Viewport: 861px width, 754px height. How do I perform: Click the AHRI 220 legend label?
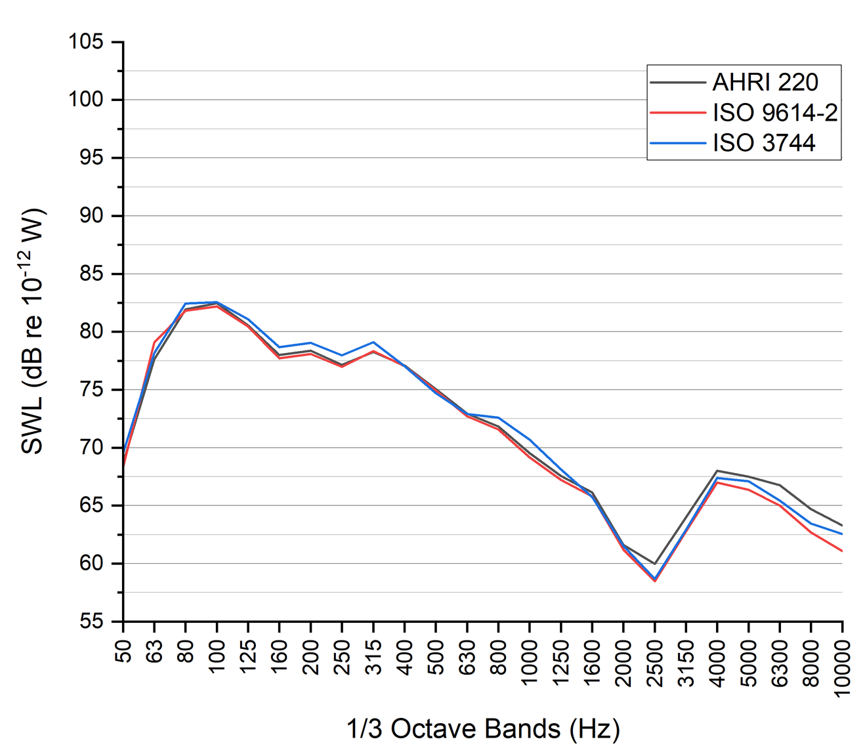click(765, 82)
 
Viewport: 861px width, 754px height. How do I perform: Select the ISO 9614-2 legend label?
click(775, 113)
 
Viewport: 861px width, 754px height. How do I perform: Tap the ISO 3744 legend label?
click(764, 142)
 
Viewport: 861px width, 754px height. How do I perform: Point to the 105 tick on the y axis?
click(86, 42)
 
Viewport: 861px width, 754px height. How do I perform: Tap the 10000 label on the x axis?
click(843, 666)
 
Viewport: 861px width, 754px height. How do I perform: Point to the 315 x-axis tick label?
click(373, 656)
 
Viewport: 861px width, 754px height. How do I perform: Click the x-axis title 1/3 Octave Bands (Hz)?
click(483, 728)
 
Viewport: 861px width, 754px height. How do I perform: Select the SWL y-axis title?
click(33, 331)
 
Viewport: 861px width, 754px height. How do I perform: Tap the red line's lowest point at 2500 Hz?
click(654, 581)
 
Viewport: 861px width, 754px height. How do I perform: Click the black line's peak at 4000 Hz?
click(717, 471)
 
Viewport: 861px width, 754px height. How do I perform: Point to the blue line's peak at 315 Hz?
click(373, 342)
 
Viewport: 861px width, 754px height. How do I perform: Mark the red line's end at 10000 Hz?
click(842, 551)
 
